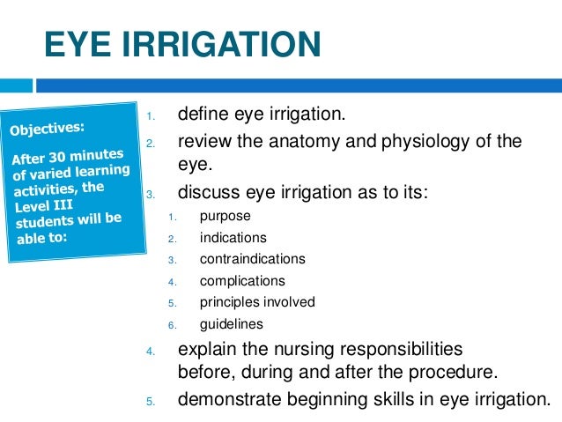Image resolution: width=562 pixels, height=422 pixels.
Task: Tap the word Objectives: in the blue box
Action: [48, 130]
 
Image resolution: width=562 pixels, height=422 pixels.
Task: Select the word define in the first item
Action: [202, 115]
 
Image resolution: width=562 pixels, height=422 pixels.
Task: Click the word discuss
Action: [208, 190]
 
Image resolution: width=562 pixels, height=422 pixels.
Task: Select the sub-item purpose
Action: [226, 216]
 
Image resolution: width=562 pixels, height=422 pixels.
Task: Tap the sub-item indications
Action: [233, 238]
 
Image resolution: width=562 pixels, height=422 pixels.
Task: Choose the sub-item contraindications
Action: [252, 259]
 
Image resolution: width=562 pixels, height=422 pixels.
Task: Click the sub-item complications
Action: [242, 281]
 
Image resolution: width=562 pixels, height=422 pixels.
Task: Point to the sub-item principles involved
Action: [257, 302]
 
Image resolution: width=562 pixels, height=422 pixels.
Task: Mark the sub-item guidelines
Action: [232, 324]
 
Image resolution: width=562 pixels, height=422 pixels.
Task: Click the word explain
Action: [206, 349]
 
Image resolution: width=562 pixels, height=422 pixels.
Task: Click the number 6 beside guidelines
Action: [174, 325]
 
